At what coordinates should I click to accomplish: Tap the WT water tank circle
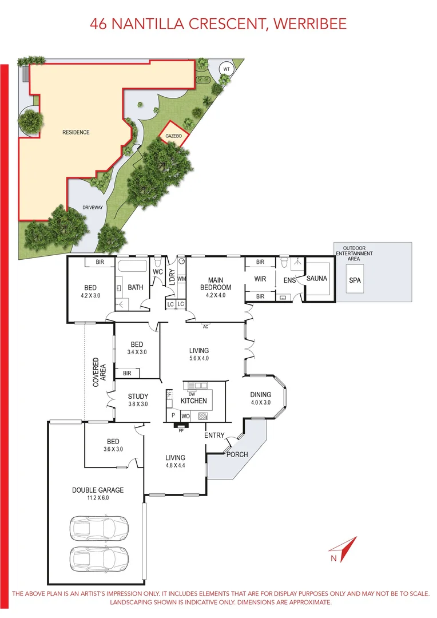click(x=227, y=69)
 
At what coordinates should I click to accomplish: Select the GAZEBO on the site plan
click(x=173, y=136)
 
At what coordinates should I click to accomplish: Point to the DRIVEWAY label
click(x=92, y=208)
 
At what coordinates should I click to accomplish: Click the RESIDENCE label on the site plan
click(x=76, y=132)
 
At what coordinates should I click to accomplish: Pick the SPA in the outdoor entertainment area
click(x=355, y=280)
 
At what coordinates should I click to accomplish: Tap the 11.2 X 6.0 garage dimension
click(x=98, y=498)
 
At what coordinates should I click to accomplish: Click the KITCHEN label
click(x=194, y=401)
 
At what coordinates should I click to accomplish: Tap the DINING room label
click(x=260, y=395)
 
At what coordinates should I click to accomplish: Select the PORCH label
click(x=237, y=454)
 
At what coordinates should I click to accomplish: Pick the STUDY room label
click(x=138, y=396)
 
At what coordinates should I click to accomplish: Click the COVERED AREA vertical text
click(x=100, y=372)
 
